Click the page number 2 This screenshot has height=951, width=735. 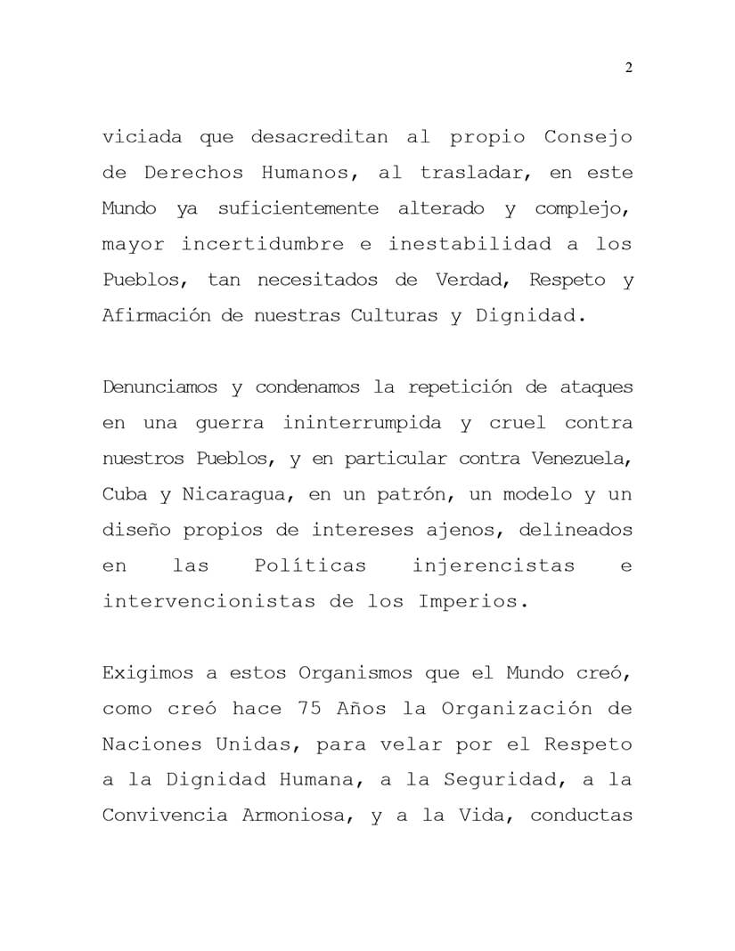point(629,69)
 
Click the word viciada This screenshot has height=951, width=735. point(143,137)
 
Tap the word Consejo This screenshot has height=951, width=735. point(588,137)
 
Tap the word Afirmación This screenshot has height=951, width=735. point(155,315)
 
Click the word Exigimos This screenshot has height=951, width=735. point(142,673)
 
